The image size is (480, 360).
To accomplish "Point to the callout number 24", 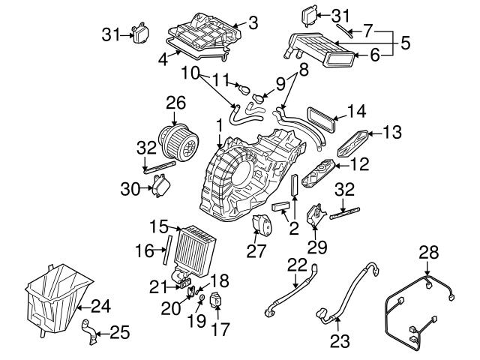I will point(100,305).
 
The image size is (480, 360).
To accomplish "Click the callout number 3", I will point(252,22).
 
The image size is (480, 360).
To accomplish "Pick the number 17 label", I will point(218,328).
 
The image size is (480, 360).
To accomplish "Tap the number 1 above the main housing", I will point(219,123).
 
